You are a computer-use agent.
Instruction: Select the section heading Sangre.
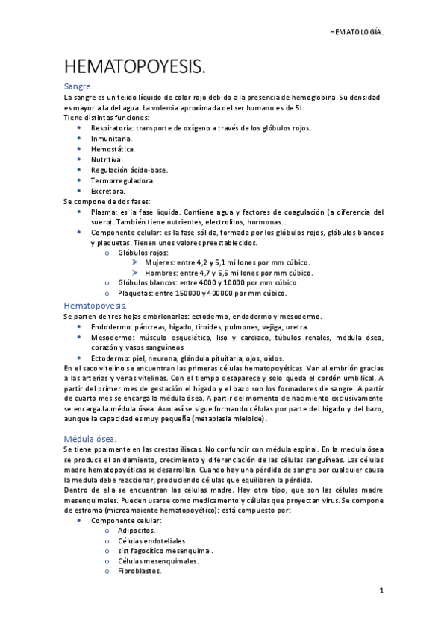[78, 87]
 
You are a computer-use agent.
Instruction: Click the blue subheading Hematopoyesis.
[95, 306]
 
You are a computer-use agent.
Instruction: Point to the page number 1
[381, 590]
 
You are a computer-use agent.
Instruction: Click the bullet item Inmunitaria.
[112, 139]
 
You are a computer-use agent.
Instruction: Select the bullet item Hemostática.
[113, 149]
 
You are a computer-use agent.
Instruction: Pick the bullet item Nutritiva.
[107, 159]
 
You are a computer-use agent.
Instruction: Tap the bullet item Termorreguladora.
[122, 180]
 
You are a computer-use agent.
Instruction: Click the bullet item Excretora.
[108, 191]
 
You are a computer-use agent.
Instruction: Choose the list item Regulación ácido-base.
[129, 170]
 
